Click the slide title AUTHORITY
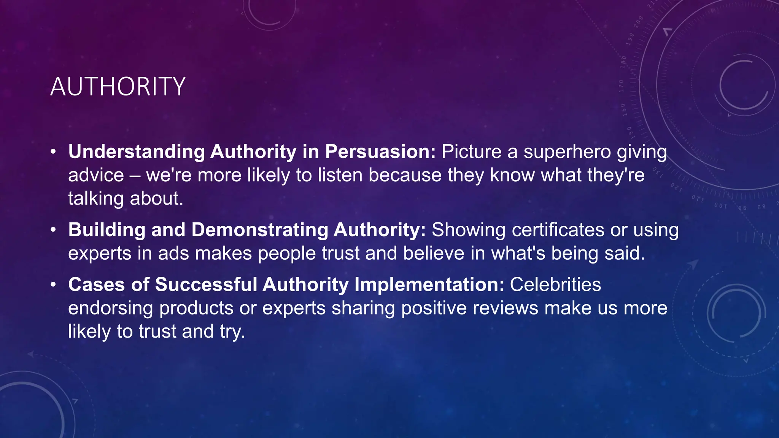pyautogui.click(x=118, y=87)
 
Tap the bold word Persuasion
pyautogui.click(x=380, y=152)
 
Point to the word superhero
pyautogui.click(x=567, y=152)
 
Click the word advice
pyautogui.click(x=96, y=175)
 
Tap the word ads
pyautogui.click(x=173, y=254)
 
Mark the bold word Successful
pyautogui.click(x=206, y=285)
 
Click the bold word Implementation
pyautogui.click(x=429, y=285)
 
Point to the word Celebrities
pyautogui.click(x=555, y=285)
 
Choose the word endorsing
pyautogui.click(x=110, y=308)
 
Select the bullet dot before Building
pyautogui.click(x=54, y=230)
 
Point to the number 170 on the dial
pyautogui.click(x=622, y=86)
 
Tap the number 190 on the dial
pyautogui.click(x=630, y=39)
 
